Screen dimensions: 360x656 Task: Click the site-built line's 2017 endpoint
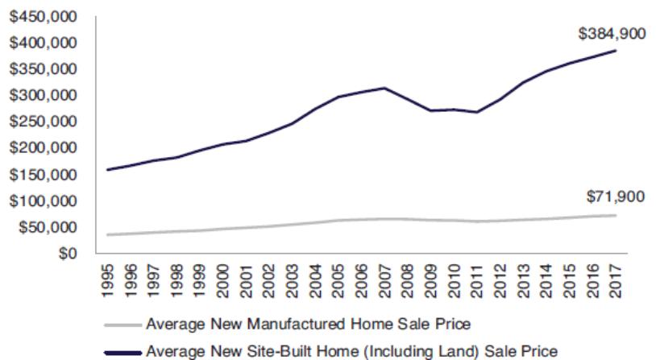click(x=616, y=51)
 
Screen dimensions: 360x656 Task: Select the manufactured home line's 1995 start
click(x=108, y=234)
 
